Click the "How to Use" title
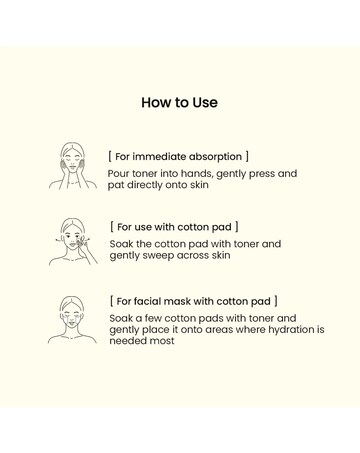[x=179, y=102]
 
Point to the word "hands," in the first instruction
[x=194, y=174]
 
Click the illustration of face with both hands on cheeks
[x=72, y=166]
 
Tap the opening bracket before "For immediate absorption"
[x=110, y=156]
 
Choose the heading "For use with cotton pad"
[x=174, y=227]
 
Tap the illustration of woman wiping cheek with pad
[x=73, y=242]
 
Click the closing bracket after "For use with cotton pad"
[x=237, y=227]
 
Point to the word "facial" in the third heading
[x=147, y=301]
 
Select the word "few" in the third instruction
[x=153, y=318]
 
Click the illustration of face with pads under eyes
[x=72, y=320]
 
